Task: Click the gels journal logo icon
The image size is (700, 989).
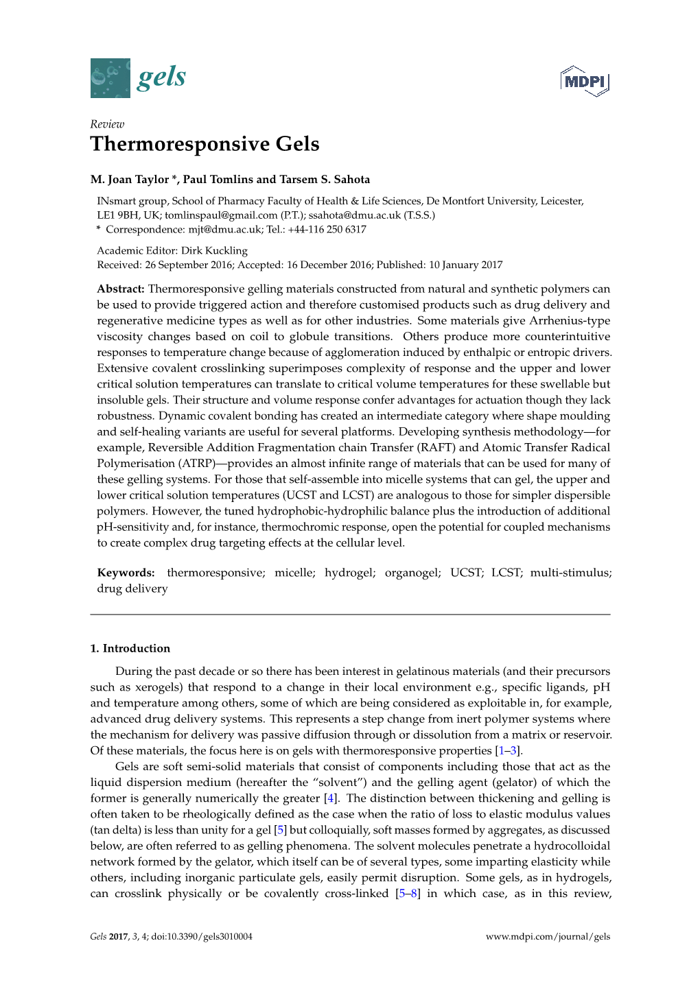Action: [110, 78]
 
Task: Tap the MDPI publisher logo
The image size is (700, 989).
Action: [585, 82]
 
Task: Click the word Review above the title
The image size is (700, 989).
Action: [107, 124]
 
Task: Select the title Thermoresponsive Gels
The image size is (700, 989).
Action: [205, 144]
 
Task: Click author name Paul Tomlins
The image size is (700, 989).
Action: [218, 180]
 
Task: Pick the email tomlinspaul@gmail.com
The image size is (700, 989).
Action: [221, 215]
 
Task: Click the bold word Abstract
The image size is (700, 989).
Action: [120, 289]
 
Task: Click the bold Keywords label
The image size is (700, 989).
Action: [126, 573]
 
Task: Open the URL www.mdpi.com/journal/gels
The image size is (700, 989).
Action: [548, 937]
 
